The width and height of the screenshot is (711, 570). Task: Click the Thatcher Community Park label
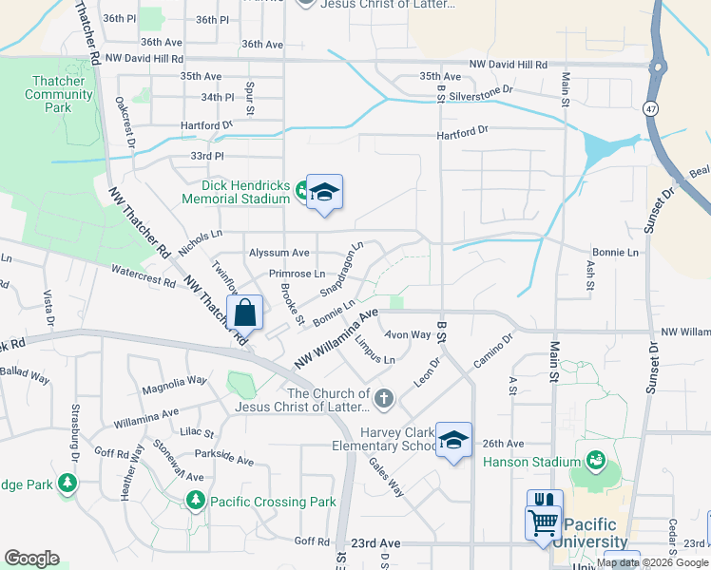click(59, 94)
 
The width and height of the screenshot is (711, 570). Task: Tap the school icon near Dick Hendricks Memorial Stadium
click(323, 194)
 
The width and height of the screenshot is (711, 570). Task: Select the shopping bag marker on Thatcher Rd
click(244, 313)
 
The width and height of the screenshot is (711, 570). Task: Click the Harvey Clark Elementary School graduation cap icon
click(454, 440)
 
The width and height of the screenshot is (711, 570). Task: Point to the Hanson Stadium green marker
click(596, 462)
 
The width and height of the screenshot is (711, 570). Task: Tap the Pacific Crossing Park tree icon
click(195, 500)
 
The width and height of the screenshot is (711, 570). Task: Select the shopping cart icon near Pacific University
click(544, 522)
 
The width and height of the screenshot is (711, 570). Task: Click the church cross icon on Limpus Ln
click(384, 398)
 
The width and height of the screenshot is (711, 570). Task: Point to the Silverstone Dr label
click(480, 89)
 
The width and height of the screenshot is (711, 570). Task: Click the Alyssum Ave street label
click(279, 253)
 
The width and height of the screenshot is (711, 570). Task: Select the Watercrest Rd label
click(144, 276)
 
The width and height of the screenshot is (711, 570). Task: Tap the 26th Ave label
click(503, 444)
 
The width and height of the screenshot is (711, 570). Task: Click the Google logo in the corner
click(31, 558)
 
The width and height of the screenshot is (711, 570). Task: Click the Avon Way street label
click(408, 334)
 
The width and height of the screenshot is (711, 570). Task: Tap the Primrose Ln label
click(297, 274)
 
